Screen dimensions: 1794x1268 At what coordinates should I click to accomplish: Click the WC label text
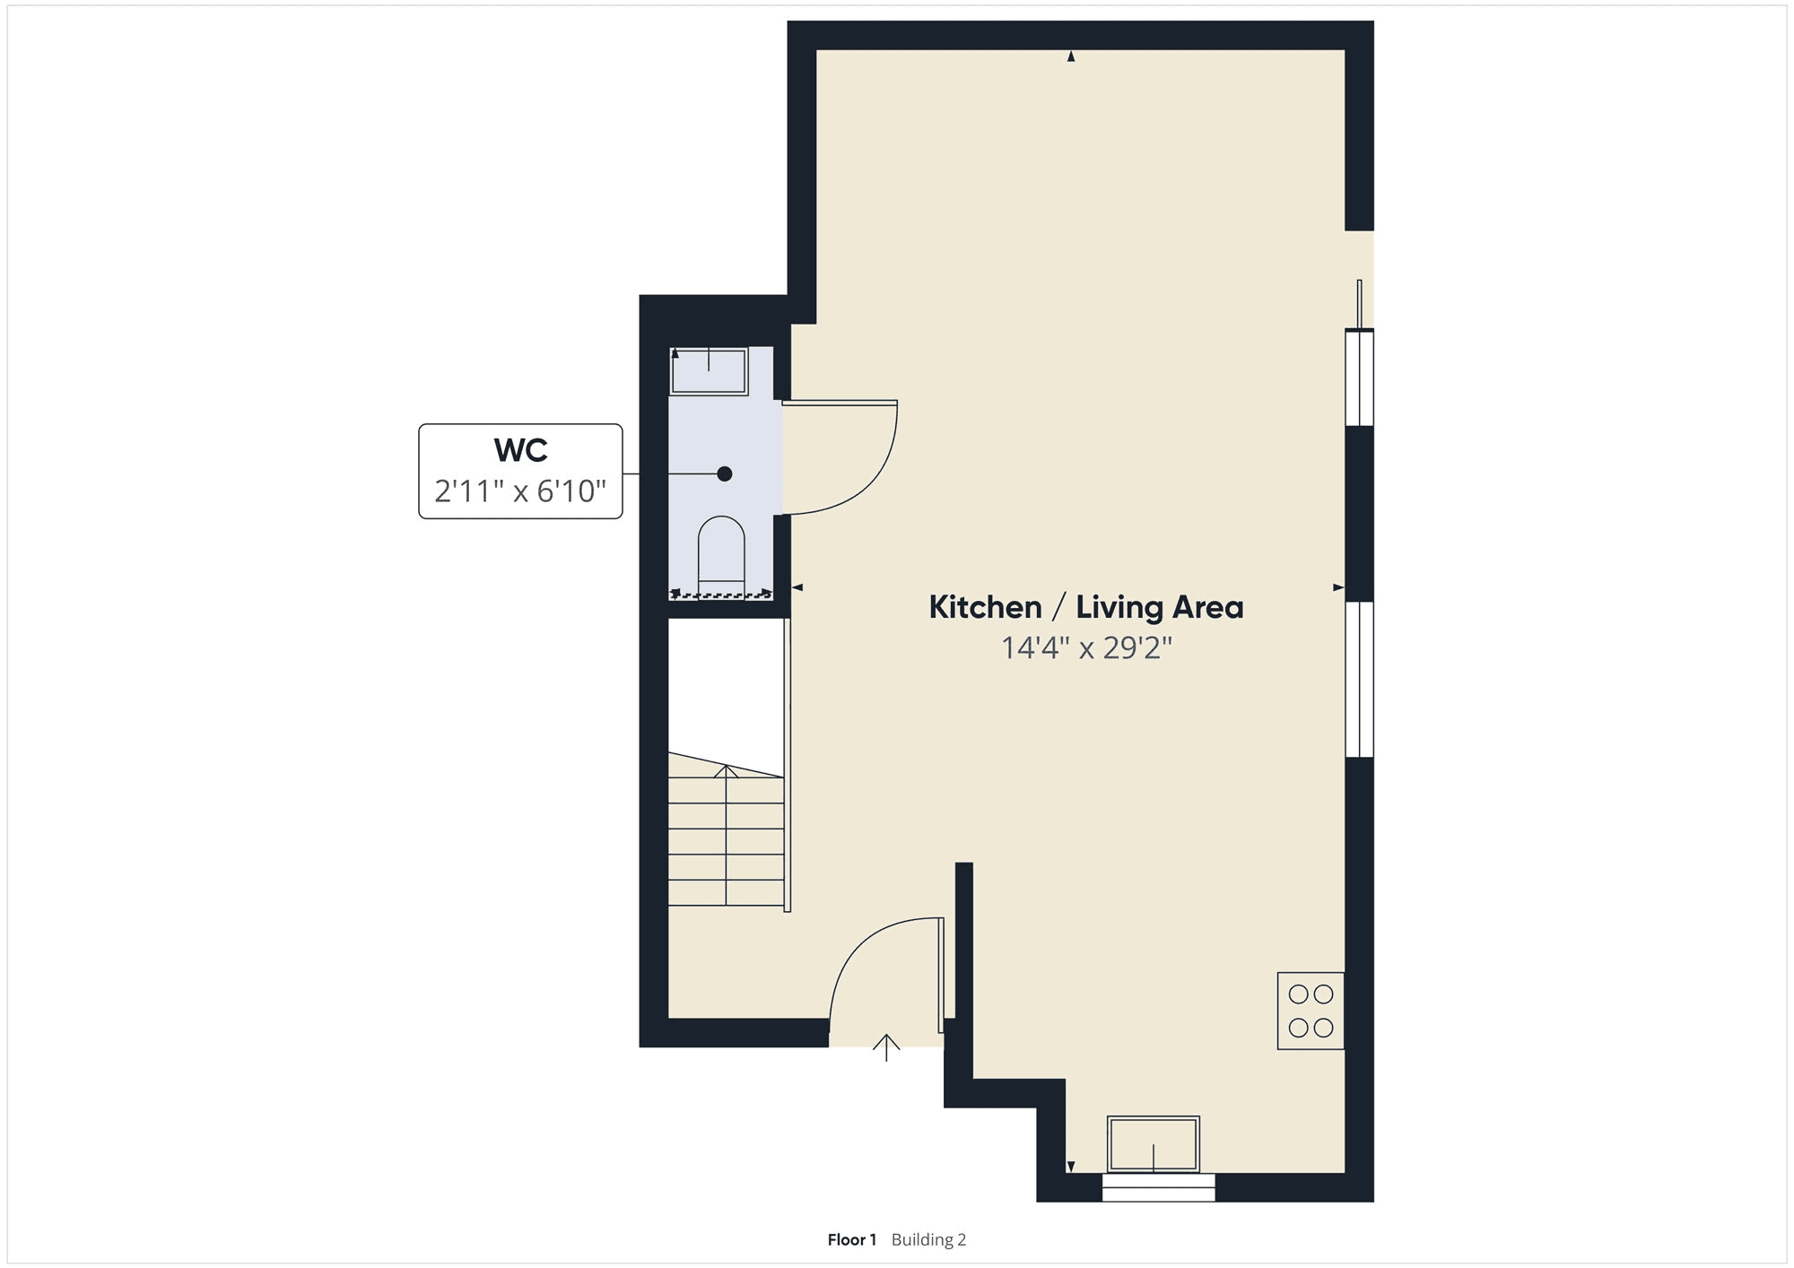click(520, 449)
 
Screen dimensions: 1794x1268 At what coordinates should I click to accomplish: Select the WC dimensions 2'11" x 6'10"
click(520, 491)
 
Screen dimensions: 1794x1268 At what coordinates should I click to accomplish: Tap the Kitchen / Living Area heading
click(1086, 607)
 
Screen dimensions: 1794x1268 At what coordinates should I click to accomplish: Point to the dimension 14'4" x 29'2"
click(1086, 647)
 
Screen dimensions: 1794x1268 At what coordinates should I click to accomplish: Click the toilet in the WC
click(721, 556)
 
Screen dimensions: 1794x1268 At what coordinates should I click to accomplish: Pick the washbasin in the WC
click(709, 371)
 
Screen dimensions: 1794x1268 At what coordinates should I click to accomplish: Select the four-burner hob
click(1311, 1011)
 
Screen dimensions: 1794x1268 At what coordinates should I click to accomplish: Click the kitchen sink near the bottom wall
click(1154, 1144)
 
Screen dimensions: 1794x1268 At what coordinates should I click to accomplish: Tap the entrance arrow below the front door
click(886, 1047)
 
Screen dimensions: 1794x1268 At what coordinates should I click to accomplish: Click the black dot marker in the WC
click(725, 473)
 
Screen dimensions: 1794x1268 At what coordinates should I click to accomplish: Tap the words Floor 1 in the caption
click(851, 1240)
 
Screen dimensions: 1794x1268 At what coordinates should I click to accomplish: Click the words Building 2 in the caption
click(928, 1240)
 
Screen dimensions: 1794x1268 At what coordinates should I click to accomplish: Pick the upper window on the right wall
click(1360, 378)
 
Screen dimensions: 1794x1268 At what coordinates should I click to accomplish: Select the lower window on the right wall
click(1360, 679)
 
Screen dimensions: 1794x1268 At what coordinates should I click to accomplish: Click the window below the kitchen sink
click(1158, 1187)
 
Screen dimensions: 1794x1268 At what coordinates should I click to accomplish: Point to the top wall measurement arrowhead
click(1070, 56)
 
